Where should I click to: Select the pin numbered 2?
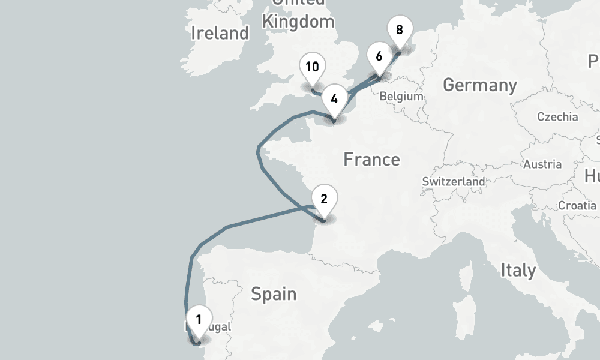[324, 199]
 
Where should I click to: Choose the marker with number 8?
[400, 29]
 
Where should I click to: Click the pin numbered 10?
[312, 67]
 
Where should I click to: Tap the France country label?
[371, 160]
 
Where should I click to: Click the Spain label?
[274, 294]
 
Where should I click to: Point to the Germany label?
[479, 85]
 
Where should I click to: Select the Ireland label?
[220, 33]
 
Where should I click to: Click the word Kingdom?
[298, 22]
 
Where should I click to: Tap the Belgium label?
[401, 96]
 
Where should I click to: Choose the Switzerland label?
[454, 181]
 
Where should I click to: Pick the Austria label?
[542, 164]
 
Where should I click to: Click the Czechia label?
[557, 116]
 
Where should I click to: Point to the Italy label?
[518, 270]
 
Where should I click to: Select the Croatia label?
[577, 205]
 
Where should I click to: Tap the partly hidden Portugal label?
[217, 328]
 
